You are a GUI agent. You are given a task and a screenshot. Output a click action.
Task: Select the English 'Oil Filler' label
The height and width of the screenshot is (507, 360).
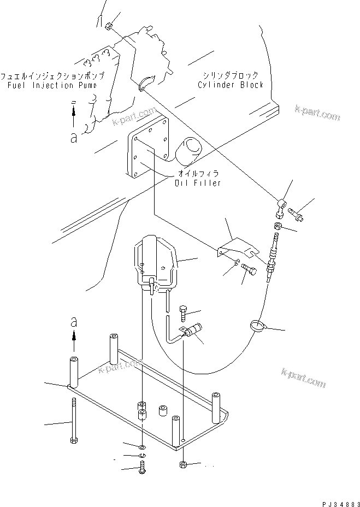pos(197,182)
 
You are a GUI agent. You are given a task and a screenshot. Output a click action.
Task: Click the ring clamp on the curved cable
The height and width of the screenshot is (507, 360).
pos(258,326)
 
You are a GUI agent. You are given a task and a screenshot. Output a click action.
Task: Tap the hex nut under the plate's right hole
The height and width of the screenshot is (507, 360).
pos(184,464)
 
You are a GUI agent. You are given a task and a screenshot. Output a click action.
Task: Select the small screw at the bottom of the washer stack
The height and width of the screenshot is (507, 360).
pos(142,467)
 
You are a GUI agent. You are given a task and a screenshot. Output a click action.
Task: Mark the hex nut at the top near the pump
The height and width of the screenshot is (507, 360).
pos(109,26)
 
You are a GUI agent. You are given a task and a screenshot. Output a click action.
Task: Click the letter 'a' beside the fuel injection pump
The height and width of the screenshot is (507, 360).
pos(73,137)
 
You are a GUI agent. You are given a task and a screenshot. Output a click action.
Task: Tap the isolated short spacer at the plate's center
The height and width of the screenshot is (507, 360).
pos(162,410)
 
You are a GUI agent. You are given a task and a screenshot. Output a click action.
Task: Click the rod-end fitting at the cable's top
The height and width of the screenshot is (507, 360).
pos(281,207)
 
